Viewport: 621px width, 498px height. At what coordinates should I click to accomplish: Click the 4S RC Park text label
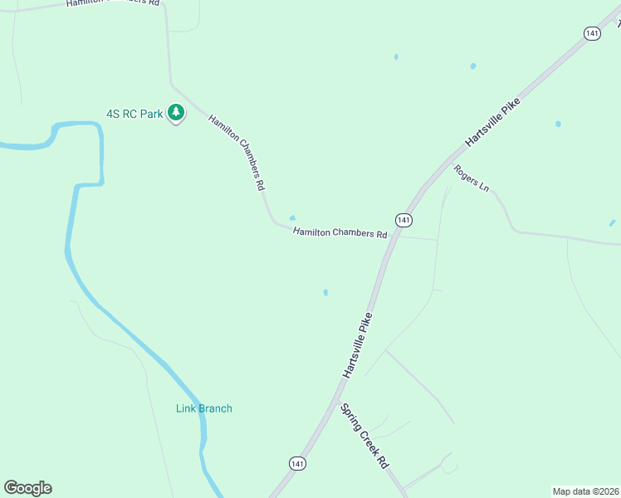pos(134,114)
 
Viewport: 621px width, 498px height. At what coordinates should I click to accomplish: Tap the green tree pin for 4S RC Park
pos(176,112)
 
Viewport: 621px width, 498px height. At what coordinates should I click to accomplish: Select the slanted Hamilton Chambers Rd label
pos(237,154)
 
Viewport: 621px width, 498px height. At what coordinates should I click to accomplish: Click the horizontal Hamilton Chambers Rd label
pos(340,234)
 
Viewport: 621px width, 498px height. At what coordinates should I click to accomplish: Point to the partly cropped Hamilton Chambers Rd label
pos(113,3)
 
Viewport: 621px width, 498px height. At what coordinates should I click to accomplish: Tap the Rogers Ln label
pos(471,178)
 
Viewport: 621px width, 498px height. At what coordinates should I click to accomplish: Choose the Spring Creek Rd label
pos(365,437)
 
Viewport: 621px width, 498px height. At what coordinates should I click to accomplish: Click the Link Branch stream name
pos(204,408)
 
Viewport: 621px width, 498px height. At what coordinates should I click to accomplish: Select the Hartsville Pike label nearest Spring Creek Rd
pos(360,346)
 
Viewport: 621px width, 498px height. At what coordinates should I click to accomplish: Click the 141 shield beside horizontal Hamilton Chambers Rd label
pos(403,220)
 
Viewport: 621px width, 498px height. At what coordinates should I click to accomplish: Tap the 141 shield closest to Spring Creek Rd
pos(297,463)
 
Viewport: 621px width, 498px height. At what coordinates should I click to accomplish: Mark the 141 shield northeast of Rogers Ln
pos(591,33)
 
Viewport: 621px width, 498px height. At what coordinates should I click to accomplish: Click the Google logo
pos(27,488)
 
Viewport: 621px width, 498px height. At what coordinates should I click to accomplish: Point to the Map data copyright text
pos(585,491)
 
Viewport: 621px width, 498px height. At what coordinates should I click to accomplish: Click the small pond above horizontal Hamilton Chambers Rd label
pos(291,218)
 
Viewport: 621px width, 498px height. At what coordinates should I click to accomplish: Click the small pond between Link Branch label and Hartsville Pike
pos(325,292)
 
